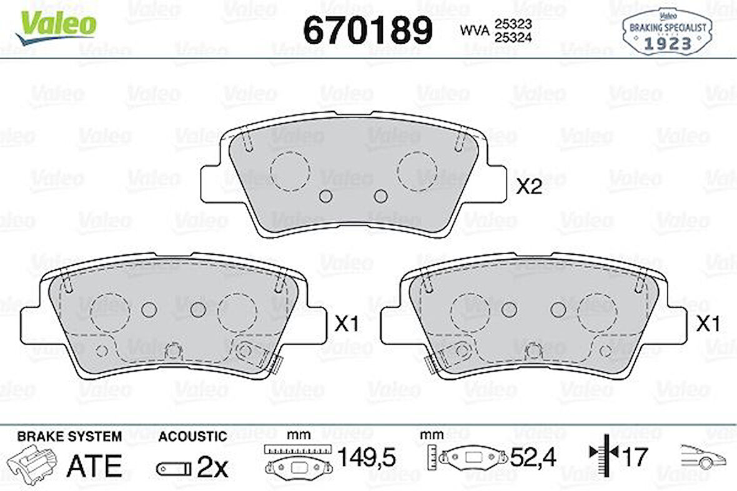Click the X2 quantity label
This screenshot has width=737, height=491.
pos(528,187)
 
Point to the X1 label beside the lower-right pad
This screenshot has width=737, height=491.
pos(708,324)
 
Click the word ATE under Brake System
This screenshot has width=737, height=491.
pos(94,465)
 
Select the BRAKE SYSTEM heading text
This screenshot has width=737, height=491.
pos(69,436)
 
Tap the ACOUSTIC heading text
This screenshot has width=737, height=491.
pos(192,436)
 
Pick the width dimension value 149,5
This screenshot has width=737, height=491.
pos(367,458)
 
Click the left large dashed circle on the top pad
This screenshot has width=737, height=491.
pos(290,170)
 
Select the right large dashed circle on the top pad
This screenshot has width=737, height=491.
pos(417,170)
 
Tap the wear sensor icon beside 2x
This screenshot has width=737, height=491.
pos(174,467)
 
